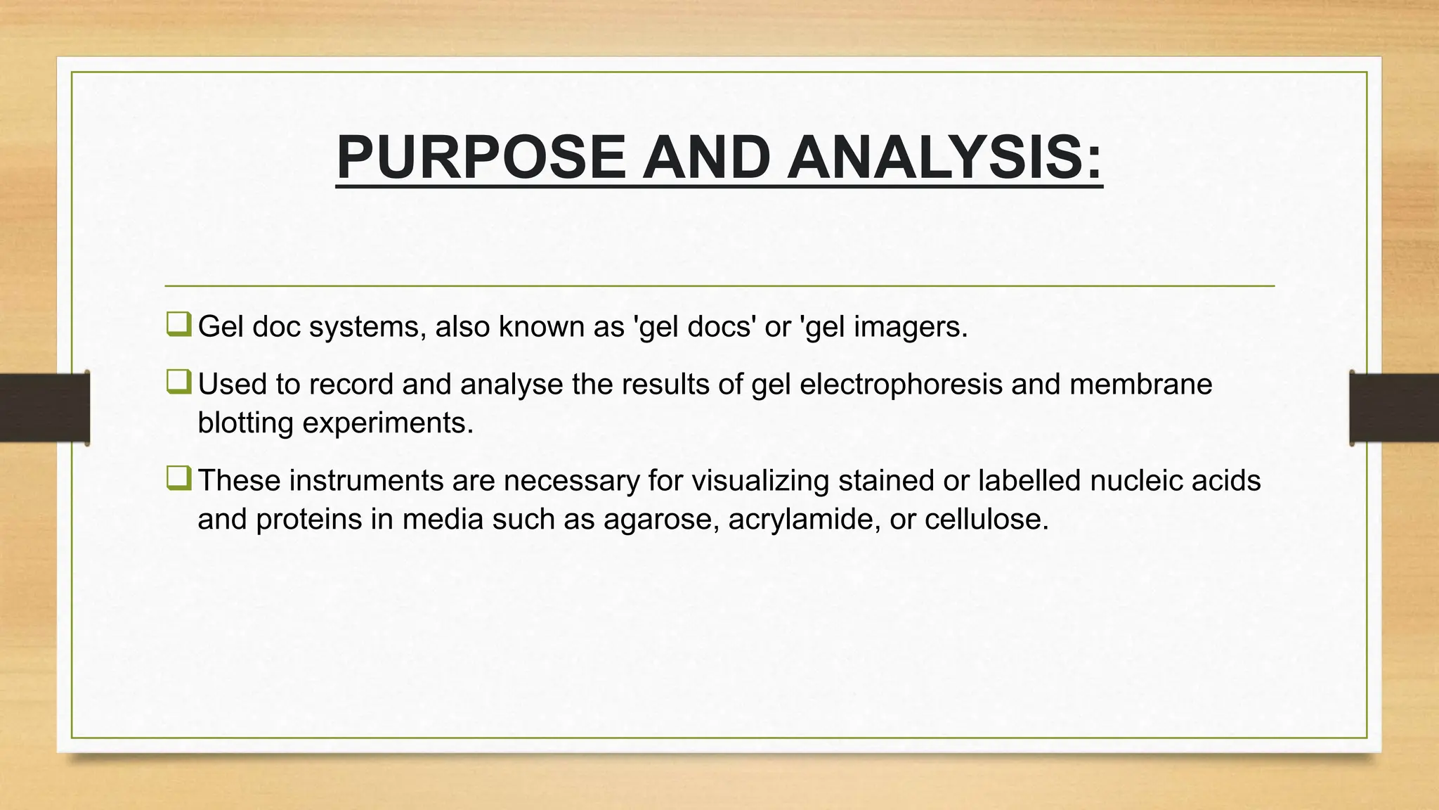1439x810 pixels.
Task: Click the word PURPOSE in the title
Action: [481, 157]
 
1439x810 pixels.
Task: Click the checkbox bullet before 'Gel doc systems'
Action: [178, 324]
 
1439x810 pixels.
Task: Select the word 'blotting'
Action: [245, 423]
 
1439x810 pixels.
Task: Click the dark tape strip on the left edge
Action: [44, 408]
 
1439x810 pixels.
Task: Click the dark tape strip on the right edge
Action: [1394, 408]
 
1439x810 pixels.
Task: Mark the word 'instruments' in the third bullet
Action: [365, 481]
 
